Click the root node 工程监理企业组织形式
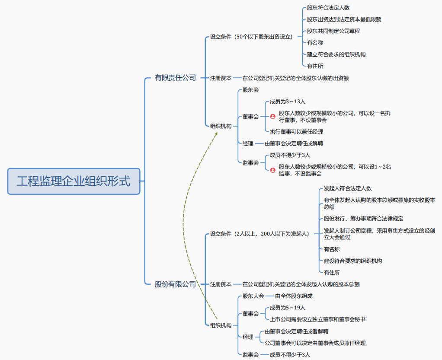coord(74,181)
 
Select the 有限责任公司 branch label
coord(175,78)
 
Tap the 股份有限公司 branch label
coord(175,284)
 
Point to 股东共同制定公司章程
coord(333,31)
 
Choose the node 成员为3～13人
coord(287,102)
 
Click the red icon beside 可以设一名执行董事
coord(273,117)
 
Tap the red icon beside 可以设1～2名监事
coord(273,170)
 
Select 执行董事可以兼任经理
coord(296,131)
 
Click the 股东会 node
coord(250,90)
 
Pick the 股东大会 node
coord(253,296)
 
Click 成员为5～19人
coord(287,308)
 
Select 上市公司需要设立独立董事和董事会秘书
coord(317,319)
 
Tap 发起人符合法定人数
coord(347,188)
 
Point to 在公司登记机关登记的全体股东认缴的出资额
coord(295,78)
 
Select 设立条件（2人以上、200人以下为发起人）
coord(259,234)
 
